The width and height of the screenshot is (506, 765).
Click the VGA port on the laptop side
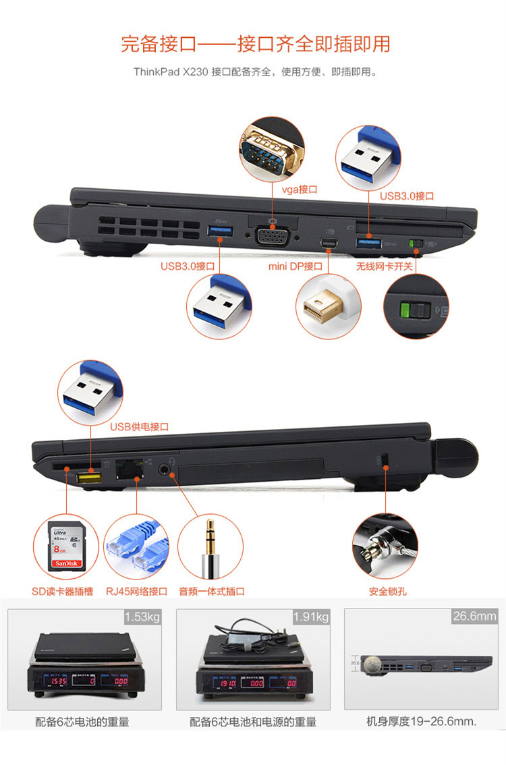click(x=272, y=237)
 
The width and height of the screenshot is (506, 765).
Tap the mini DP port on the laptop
click(x=329, y=242)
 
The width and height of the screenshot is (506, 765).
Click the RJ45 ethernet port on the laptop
click(x=130, y=469)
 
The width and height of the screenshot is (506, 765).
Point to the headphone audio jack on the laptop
click(x=165, y=470)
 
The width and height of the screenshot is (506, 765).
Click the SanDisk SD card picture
click(x=66, y=546)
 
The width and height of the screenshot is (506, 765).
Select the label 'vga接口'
click(x=300, y=190)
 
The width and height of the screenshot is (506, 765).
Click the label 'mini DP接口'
click(x=296, y=266)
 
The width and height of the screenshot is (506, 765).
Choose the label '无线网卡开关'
click(x=385, y=266)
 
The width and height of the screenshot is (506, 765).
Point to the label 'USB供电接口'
click(x=139, y=427)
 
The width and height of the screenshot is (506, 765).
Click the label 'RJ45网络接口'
click(x=137, y=592)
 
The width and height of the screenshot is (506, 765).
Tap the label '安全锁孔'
click(x=388, y=592)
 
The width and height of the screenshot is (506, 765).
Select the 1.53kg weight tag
click(x=142, y=617)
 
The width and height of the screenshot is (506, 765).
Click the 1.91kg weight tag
click(x=311, y=617)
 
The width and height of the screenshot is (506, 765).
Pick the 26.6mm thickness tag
click(x=475, y=616)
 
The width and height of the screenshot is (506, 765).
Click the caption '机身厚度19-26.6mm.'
click(x=421, y=722)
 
